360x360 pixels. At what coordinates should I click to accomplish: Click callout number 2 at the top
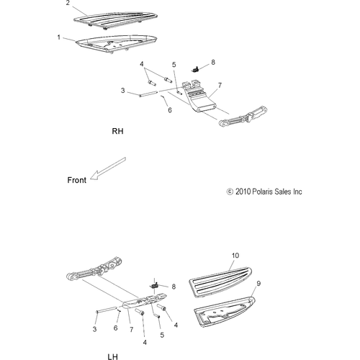[x=68, y=3]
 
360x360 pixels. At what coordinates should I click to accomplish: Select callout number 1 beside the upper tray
[x=59, y=37]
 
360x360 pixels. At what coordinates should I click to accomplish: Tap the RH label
[x=117, y=131]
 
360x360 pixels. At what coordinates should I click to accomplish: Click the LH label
[x=112, y=356]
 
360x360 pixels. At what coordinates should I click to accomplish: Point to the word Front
[x=76, y=180]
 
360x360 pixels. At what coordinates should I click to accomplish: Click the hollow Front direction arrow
[x=108, y=168]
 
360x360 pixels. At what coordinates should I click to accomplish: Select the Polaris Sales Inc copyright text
[x=264, y=192]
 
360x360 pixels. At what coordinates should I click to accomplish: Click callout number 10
[x=235, y=256]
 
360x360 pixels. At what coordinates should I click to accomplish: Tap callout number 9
[x=258, y=284]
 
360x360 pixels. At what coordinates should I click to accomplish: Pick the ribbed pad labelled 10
[x=220, y=282]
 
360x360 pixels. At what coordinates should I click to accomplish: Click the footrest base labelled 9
[x=224, y=312]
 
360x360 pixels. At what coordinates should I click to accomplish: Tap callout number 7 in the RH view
[x=220, y=86]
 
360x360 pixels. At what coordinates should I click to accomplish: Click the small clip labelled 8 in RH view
[x=195, y=69]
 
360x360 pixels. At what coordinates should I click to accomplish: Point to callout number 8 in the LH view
[x=174, y=287]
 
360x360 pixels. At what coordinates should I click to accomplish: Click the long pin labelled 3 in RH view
[x=148, y=94]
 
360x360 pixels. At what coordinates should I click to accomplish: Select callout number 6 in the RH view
[x=170, y=110]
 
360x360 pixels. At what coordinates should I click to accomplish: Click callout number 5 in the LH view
[x=162, y=335]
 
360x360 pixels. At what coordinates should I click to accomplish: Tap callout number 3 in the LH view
[x=94, y=329]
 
